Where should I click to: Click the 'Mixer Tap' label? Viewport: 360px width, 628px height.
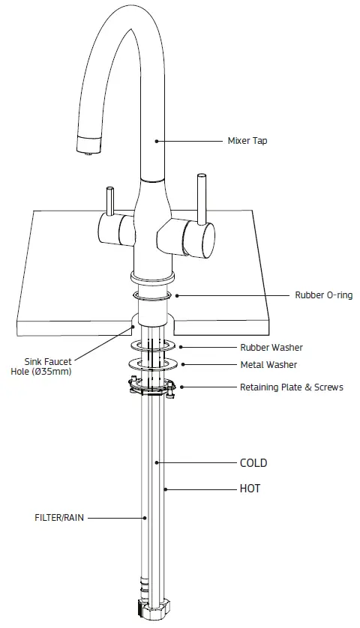[x=247, y=140]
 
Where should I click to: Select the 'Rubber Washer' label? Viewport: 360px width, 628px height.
[x=271, y=347]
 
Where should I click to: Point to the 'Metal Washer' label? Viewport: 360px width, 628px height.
[x=268, y=365]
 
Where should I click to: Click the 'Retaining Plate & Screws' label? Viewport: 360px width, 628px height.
[x=292, y=387]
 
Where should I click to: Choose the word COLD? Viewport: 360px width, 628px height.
[x=253, y=463]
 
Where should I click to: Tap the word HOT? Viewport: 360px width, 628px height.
[x=250, y=488]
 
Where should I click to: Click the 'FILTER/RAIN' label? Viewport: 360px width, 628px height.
[x=58, y=517]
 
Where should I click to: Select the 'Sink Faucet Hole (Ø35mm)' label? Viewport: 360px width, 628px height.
[x=47, y=366]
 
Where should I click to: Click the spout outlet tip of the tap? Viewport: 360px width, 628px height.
[x=88, y=149]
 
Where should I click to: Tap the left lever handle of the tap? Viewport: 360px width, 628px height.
[x=110, y=202]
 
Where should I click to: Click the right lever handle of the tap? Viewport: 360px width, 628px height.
[x=201, y=199]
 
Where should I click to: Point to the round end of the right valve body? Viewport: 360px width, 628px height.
[x=202, y=241]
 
